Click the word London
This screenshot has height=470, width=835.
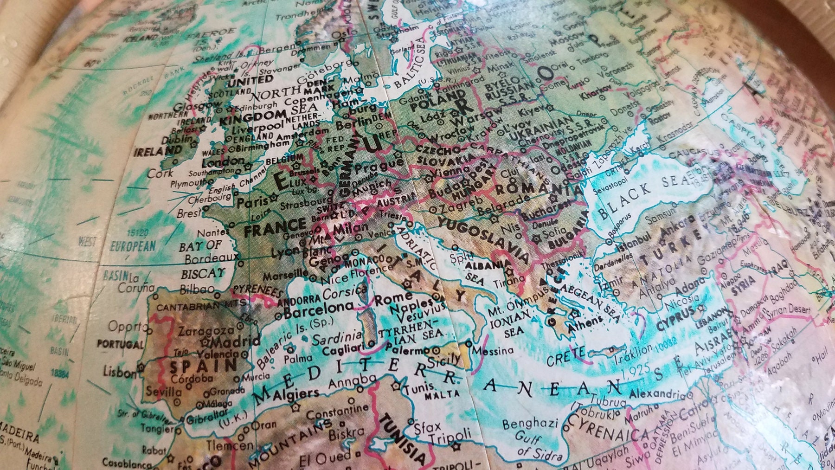coord(224,162)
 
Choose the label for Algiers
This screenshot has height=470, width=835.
coord(297,394)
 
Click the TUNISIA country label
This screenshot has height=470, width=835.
coord(403,439)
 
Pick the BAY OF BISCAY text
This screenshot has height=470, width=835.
coord(202,260)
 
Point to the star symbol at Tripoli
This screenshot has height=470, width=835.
coord(457,448)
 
